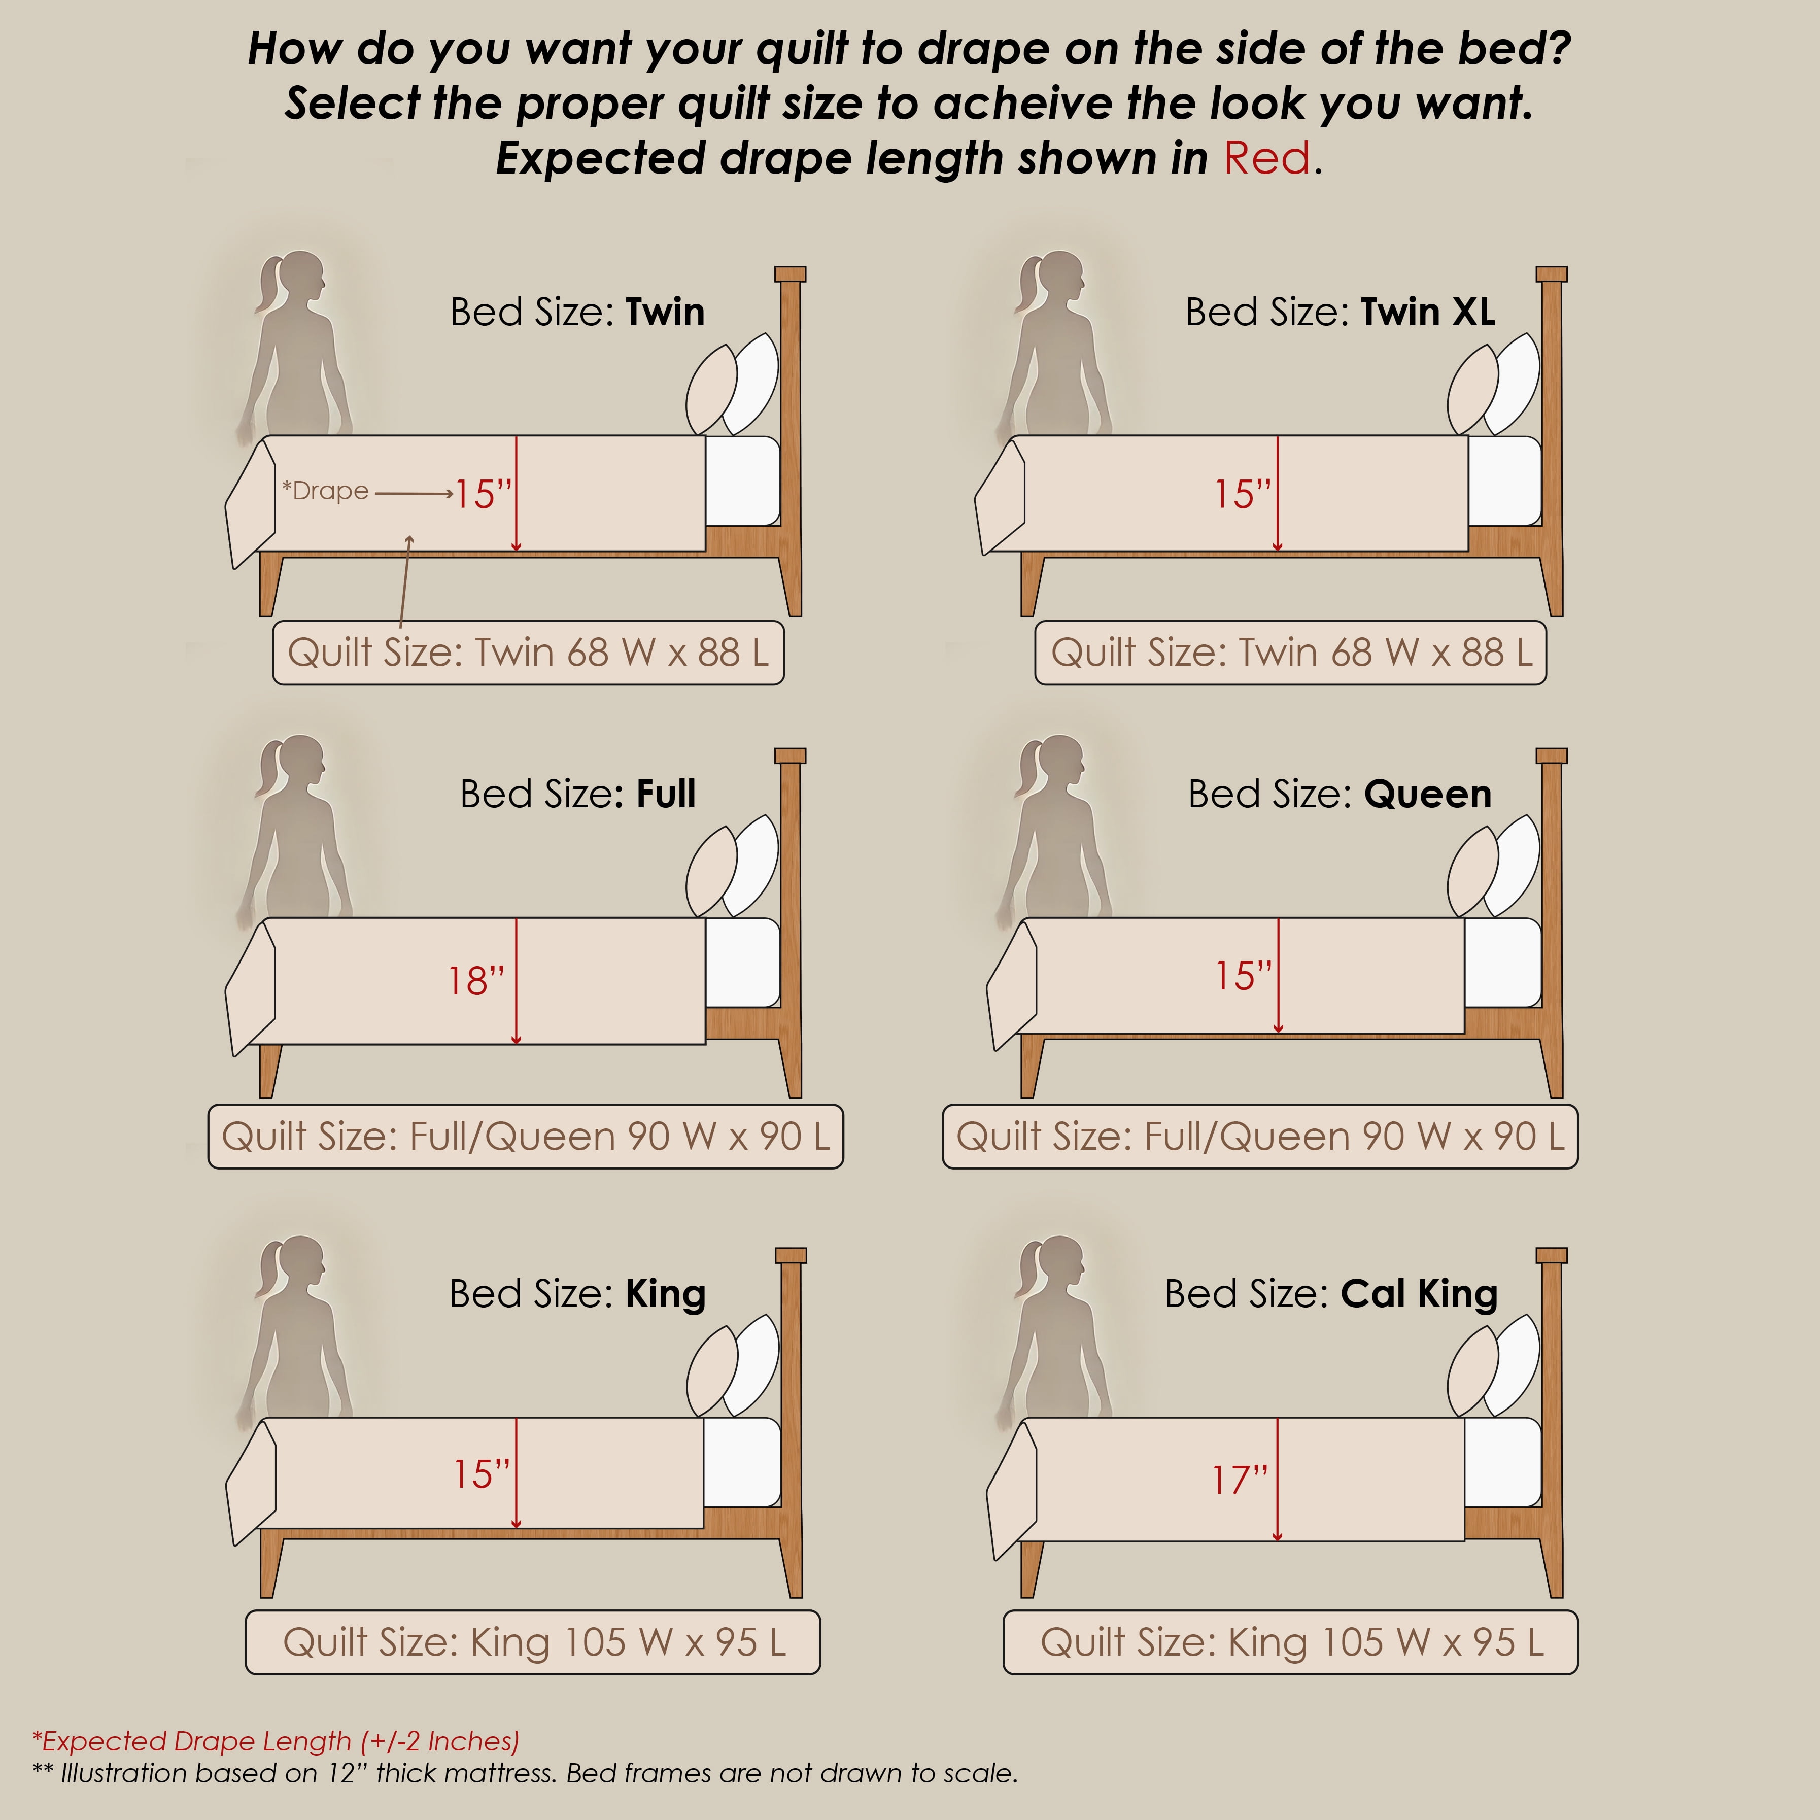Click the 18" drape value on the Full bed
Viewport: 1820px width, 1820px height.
(x=476, y=981)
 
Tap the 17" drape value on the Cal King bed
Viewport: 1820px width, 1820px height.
(x=1240, y=1480)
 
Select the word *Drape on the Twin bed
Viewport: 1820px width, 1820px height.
(x=325, y=491)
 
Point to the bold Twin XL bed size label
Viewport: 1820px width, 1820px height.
(x=1427, y=312)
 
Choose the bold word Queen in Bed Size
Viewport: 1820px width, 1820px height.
(x=1427, y=794)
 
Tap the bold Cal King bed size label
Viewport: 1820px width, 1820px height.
(x=1419, y=1294)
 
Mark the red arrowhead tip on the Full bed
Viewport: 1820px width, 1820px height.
(x=516, y=1044)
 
